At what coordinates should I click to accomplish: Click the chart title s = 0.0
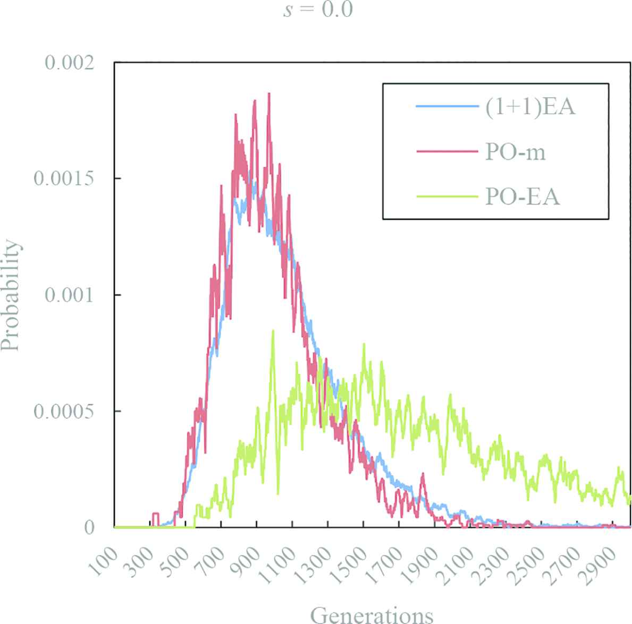318,10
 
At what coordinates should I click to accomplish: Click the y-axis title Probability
11,295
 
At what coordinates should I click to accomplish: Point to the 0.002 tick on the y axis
69,63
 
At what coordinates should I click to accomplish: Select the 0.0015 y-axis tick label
63,178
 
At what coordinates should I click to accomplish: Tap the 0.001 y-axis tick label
69,295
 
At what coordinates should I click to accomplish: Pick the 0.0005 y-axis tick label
63,411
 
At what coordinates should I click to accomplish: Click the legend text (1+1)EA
530,108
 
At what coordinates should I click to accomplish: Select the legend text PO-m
515,152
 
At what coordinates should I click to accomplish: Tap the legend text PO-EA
523,197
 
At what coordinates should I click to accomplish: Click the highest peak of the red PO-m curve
269,93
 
